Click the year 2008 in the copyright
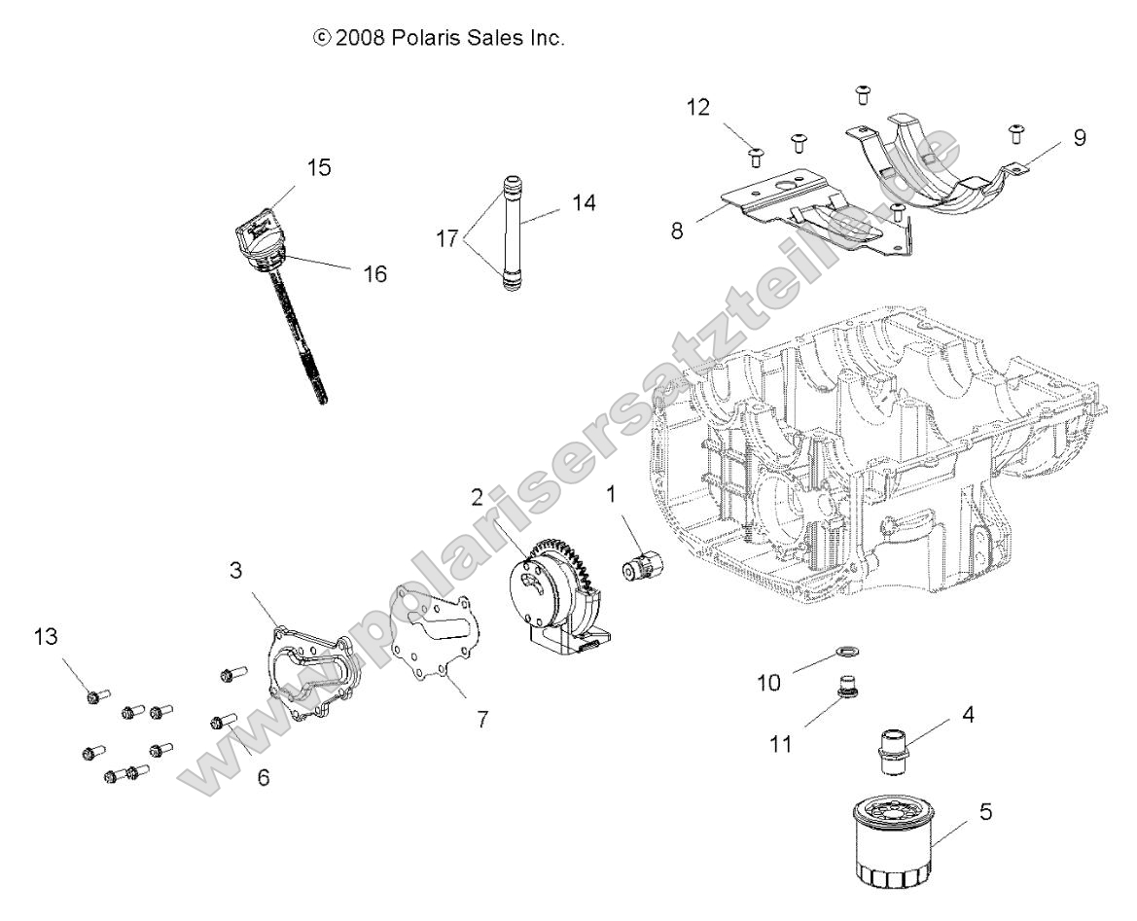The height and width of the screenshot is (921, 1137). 355,39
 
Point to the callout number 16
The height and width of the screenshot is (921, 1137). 373,274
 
